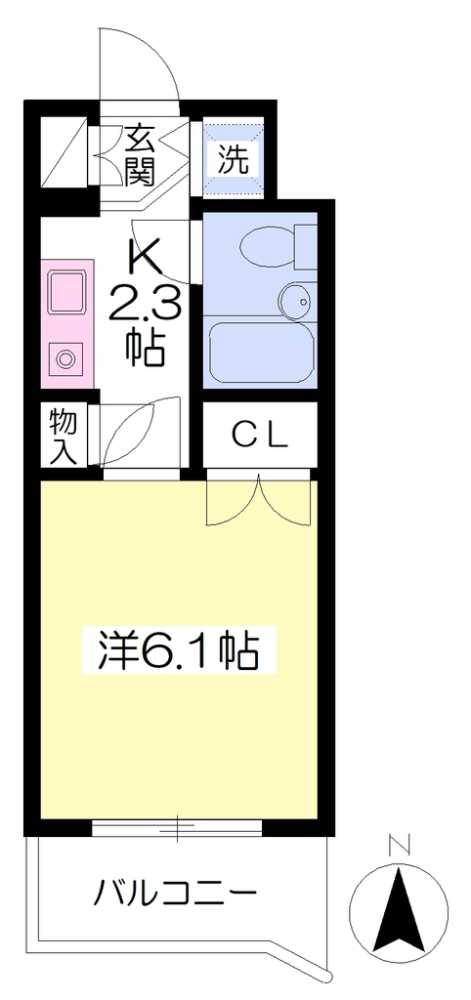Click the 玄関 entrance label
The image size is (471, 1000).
[141, 155]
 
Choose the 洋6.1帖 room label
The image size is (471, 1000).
[179, 649]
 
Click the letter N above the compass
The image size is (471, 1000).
[399, 846]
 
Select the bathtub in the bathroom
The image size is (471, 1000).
[262, 354]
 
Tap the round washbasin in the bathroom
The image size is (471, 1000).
[296, 300]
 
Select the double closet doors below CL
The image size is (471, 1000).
[259, 501]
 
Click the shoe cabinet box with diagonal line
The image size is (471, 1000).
[64, 153]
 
